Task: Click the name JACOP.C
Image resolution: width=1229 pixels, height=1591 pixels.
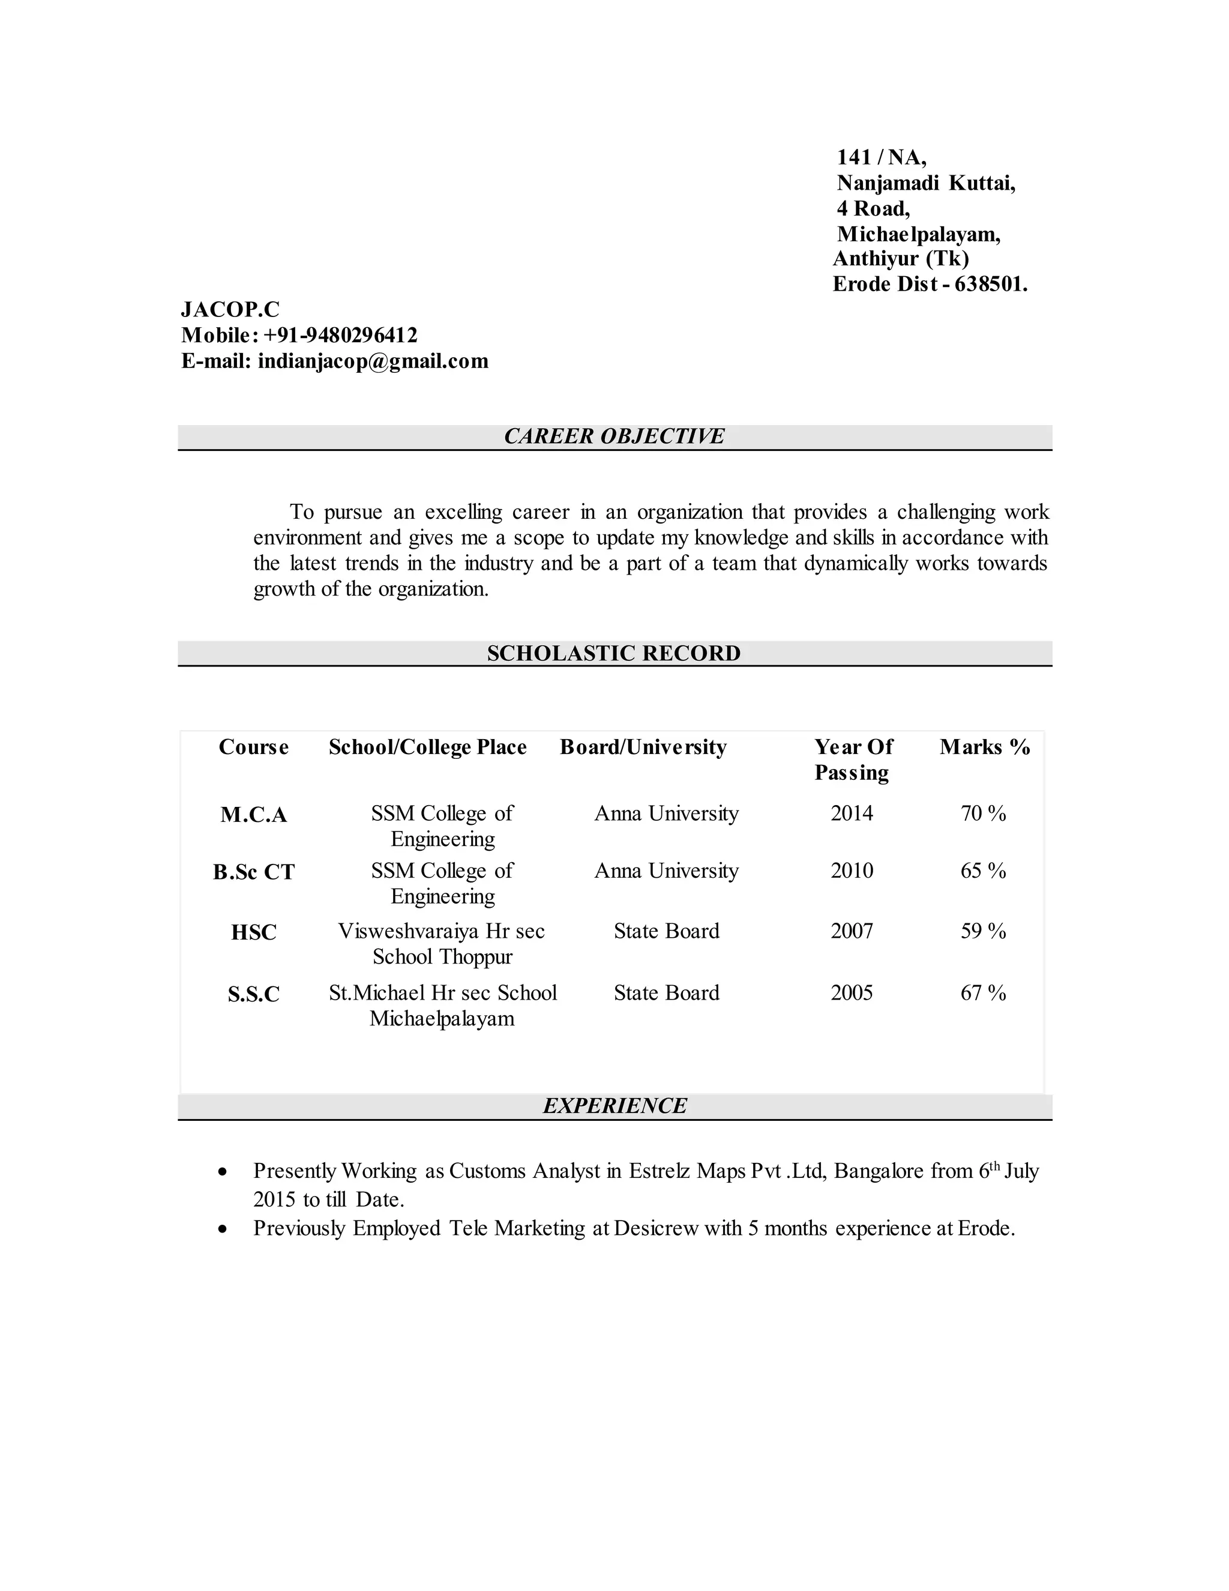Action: click(x=230, y=310)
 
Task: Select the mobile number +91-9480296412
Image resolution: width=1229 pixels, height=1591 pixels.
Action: click(x=340, y=335)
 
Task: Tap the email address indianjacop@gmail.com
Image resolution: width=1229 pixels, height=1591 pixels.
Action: click(x=373, y=361)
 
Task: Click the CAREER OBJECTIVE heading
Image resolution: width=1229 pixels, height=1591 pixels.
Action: click(x=614, y=436)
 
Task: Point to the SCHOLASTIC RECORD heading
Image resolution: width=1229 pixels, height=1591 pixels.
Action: click(x=614, y=653)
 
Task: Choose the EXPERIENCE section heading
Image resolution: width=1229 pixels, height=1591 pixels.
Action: click(x=614, y=1106)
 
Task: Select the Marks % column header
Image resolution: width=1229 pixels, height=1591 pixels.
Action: click(x=984, y=747)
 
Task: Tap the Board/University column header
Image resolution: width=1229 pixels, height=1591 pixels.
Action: click(x=643, y=747)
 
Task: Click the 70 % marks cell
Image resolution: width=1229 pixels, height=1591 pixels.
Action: click(x=983, y=814)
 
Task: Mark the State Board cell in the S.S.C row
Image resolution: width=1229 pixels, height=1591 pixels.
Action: click(x=666, y=993)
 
